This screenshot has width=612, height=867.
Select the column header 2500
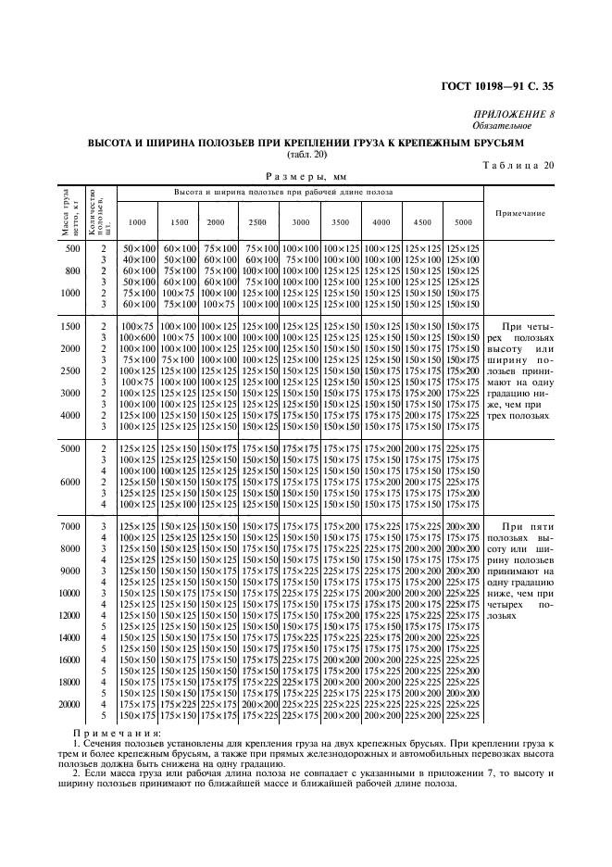click(x=256, y=222)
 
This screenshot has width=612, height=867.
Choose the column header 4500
click(x=422, y=222)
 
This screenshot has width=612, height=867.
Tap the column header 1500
click(x=179, y=222)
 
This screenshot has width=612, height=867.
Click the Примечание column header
click(x=519, y=213)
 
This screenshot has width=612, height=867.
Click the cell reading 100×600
click(x=136, y=337)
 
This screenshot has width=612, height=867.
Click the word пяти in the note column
click(x=541, y=525)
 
